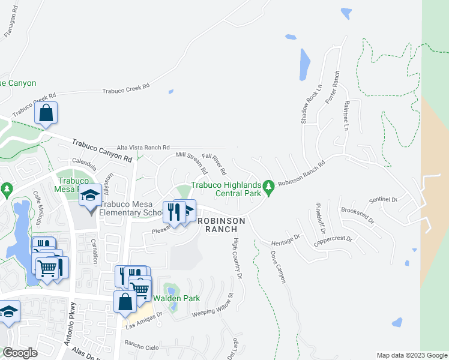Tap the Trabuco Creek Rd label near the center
[125, 89]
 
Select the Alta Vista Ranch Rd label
[143, 147]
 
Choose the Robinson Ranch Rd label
[301, 172]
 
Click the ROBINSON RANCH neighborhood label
[221, 224]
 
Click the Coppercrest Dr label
[334, 242]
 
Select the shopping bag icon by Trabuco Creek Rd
[46, 113]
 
